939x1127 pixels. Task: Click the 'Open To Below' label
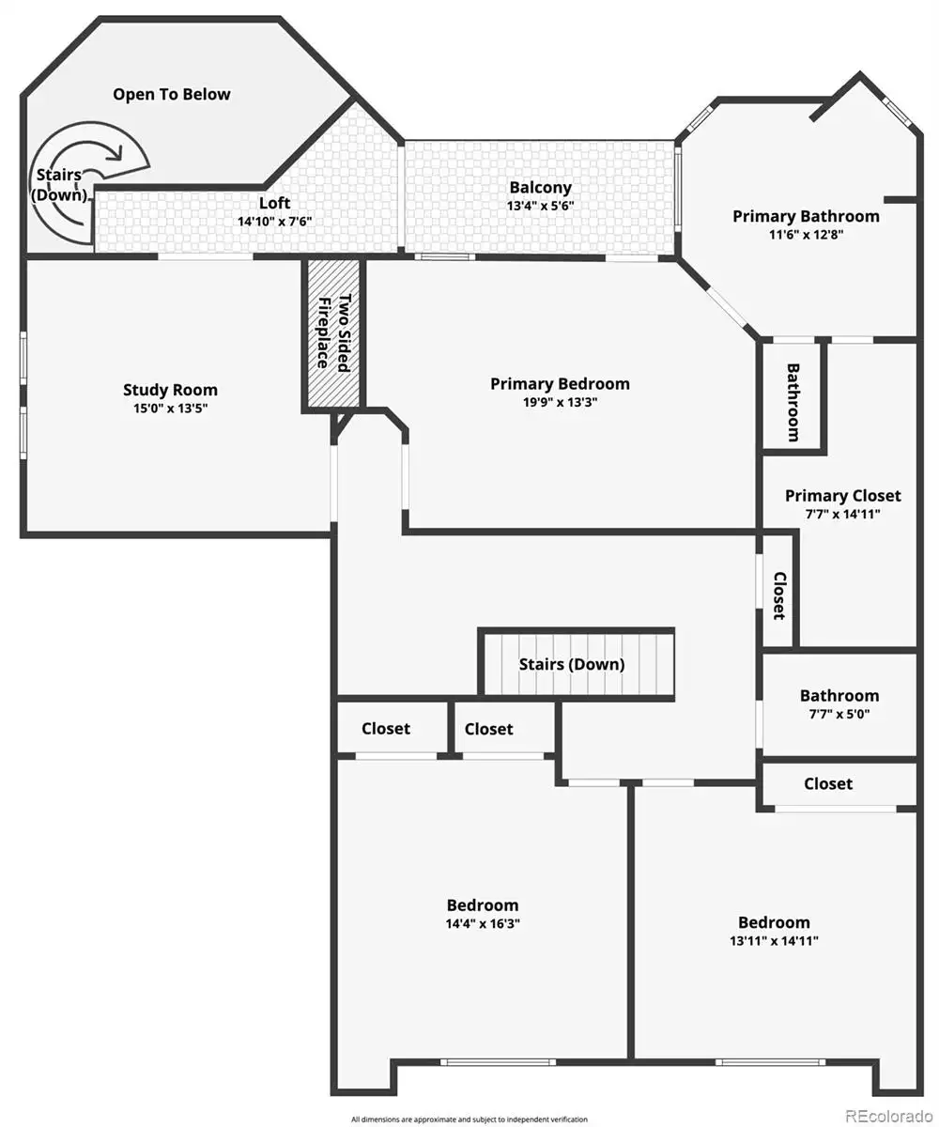(172, 95)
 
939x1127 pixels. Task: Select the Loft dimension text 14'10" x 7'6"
(275, 222)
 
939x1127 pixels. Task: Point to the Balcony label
(540, 188)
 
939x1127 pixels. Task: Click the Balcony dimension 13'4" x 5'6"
(540, 206)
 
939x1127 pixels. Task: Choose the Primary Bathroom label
(806, 216)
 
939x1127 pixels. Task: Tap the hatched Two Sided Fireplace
(333, 333)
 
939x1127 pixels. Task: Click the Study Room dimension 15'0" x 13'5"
(171, 408)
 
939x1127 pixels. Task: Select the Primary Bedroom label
(560, 384)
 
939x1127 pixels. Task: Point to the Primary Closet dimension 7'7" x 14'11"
(842, 514)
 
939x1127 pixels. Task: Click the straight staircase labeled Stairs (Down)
(577, 664)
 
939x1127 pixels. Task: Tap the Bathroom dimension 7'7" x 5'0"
(839, 714)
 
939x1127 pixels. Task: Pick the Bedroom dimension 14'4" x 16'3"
(483, 923)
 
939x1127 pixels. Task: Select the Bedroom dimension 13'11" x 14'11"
(774, 941)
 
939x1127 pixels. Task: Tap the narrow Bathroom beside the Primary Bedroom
(793, 396)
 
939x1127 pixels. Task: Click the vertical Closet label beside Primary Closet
(779, 595)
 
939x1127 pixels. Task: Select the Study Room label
(171, 391)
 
